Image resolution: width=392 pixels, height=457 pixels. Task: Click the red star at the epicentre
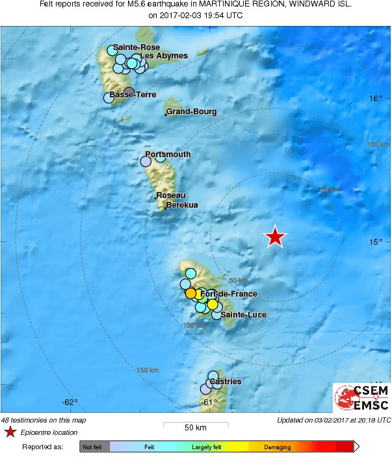pyautogui.click(x=276, y=237)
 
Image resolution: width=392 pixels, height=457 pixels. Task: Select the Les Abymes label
pyautogui.click(x=164, y=56)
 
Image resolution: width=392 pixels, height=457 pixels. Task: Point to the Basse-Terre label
pyautogui.click(x=133, y=95)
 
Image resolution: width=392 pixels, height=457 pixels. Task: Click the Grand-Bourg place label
pyautogui.click(x=192, y=112)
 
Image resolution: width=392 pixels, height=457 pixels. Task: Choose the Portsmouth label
pyautogui.click(x=168, y=154)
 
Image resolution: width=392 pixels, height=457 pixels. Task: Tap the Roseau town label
pyautogui.click(x=172, y=195)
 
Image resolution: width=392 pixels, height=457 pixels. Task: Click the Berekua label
pyautogui.click(x=182, y=205)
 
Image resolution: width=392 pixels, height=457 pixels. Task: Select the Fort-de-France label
pyautogui.click(x=229, y=294)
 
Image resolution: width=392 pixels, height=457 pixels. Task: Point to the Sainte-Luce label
pyautogui.click(x=243, y=315)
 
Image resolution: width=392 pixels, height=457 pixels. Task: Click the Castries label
pyautogui.click(x=226, y=382)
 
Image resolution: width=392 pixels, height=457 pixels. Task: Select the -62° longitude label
pyautogui.click(x=70, y=402)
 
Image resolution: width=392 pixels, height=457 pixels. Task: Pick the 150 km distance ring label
pyautogui.click(x=148, y=370)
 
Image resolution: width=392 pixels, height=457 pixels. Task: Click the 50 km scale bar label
pyautogui.click(x=196, y=427)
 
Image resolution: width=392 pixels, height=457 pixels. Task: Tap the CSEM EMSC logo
pyautogui.click(x=361, y=397)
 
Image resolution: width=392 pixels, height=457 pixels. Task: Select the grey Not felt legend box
pyautogui.click(x=95, y=447)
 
